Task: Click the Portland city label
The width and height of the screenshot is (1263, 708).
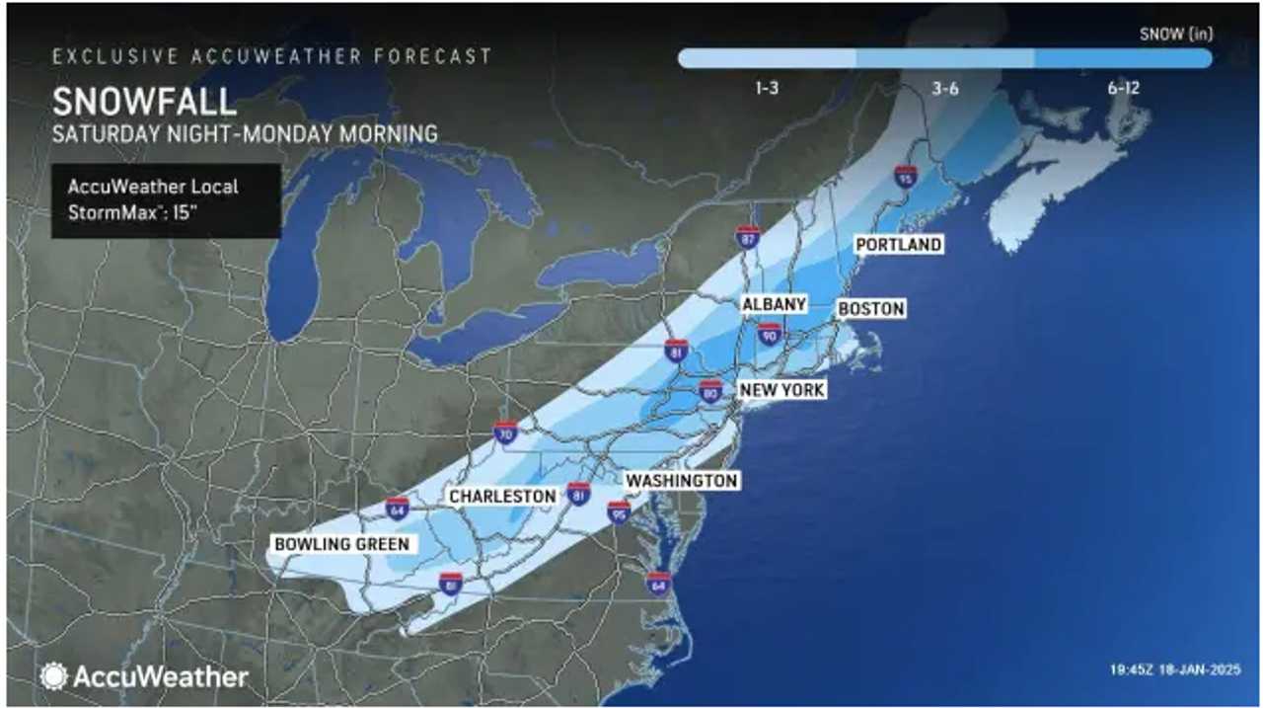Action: (898, 244)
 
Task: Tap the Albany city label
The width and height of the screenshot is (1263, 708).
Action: (775, 304)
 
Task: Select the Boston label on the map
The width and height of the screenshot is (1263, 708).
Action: (871, 309)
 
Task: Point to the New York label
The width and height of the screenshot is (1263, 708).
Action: (782, 390)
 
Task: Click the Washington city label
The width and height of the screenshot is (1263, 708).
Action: (682, 480)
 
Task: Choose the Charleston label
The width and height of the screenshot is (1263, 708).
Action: (502, 496)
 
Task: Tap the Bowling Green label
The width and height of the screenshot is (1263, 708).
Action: (341, 544)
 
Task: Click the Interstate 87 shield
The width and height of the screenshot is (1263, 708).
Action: (748, 236)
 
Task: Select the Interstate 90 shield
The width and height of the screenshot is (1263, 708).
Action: (770, 335)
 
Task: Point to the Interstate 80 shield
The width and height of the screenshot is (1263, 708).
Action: (710, 390)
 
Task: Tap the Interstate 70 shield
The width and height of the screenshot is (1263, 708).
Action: (506, 433)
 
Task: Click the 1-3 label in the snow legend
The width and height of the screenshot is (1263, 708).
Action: (767, 89)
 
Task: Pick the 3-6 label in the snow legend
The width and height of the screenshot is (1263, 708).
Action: (945, 89)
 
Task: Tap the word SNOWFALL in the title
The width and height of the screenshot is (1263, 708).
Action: (144, 102)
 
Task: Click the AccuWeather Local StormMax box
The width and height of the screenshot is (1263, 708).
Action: (166, 200)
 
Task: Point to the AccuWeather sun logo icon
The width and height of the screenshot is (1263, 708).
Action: (53, 676)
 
